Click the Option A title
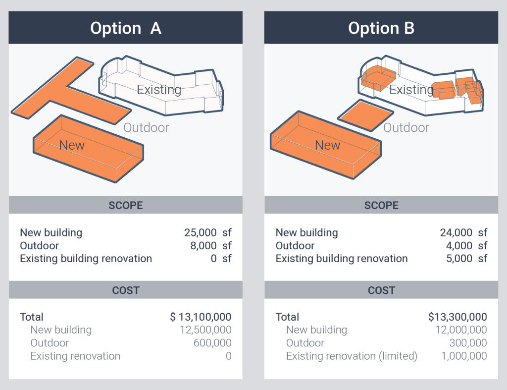coord(126,28)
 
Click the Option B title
coord(381,28)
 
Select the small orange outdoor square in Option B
coord(366,115)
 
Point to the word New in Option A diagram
coord(72,145)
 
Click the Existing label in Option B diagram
coord(411,90)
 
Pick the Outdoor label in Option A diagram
coord(146,127)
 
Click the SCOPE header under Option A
coord(125,205)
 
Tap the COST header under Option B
coord(381,290)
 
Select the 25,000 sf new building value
coord(208,232)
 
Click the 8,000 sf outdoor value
coord(211,246)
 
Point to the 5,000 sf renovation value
coord(466,259)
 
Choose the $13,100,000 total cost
coord(201,317)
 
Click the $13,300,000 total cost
coord(457,317)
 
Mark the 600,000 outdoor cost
coord(212,343)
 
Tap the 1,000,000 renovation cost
coord(464,356)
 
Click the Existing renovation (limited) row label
coord(352,356)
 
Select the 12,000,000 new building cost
coord(461,330)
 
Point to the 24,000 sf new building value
coord(463,232)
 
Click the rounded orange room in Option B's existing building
coord(378,78)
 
